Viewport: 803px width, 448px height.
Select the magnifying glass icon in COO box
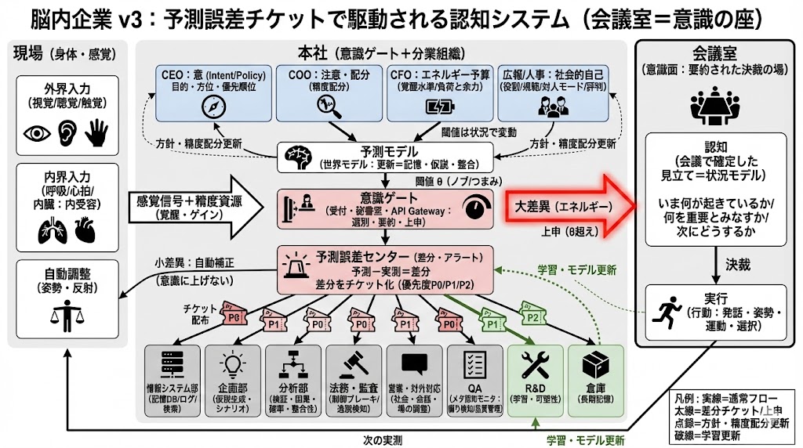pos(324,109)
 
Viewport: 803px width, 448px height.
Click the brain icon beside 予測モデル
pos(296,155)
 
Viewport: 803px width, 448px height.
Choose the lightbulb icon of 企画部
pos(232,363)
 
